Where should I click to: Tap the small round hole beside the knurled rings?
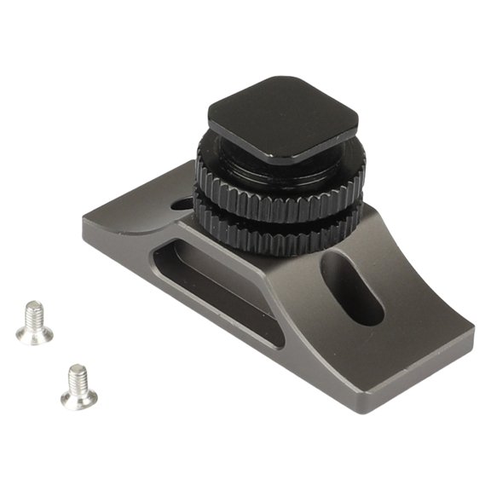182,205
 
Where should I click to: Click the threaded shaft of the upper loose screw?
33,315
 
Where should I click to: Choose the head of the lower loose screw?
78,396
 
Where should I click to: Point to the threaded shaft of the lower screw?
78,377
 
